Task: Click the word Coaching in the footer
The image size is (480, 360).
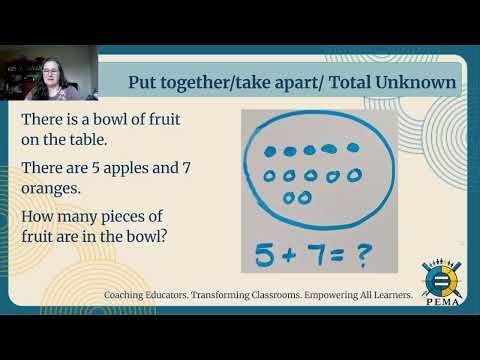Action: [128, 296]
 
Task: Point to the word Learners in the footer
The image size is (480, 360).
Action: [387, 296]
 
